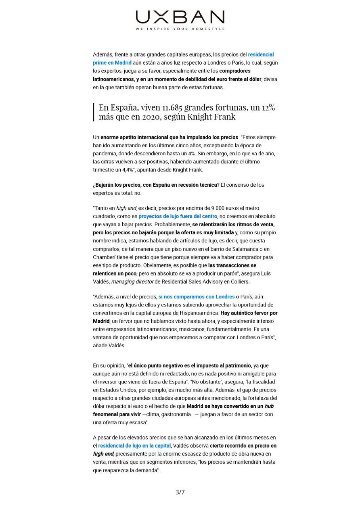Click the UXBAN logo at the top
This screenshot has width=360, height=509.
[180, 17]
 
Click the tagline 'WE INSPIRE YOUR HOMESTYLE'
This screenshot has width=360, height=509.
[180, 29]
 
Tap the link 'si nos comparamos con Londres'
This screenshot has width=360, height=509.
[196, 296]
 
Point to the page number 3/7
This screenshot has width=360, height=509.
[180, 492]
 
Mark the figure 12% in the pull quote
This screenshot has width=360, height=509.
[267, 108]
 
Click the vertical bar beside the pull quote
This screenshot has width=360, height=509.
[94, 112]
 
